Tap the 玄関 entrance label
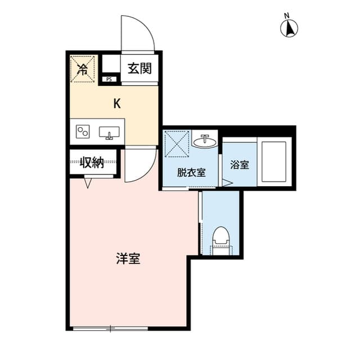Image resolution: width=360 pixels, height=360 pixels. (139, 69)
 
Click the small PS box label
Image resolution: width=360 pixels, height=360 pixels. (109, 80)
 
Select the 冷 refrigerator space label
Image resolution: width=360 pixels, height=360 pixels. (82, 70)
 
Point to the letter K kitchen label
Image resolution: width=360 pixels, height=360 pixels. (117, 103)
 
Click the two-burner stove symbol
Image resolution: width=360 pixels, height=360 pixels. (83, 132)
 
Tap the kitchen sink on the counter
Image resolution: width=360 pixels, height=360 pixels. (109, 132)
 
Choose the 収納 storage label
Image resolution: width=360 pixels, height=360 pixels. (92, 163)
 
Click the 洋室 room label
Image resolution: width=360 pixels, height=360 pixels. (128, 259)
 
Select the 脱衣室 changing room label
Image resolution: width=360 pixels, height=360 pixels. (191, 173)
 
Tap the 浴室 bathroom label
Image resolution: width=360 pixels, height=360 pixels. (240, 165)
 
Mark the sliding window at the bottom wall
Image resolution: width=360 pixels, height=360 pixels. (111, 328)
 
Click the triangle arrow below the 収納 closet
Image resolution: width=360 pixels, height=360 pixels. (88, 183)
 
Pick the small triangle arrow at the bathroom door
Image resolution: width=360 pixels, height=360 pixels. (226, 182)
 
